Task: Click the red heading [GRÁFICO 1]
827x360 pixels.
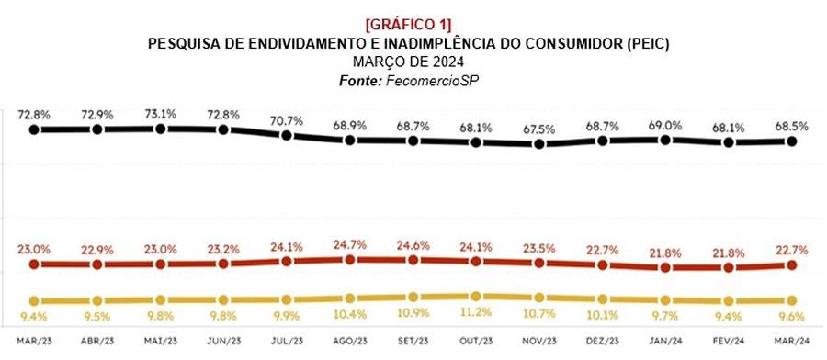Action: click(413, 24)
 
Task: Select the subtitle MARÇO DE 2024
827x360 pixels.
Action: click(413, 62)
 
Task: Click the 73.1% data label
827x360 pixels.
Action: click(161, 114)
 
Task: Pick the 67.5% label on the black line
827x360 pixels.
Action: click(539, 129)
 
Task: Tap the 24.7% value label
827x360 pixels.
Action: click(350, 244)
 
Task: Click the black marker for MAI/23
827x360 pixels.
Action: click(161, 129)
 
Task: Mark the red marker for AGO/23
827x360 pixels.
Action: click(350, 260)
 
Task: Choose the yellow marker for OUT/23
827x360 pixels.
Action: click(476, 297)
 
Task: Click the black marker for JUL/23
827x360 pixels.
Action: click(287, 135)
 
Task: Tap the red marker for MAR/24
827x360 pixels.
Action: click(791, 264)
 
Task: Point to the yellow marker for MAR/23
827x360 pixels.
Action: click(34, 301)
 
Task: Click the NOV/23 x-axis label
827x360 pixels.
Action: click(539, 342)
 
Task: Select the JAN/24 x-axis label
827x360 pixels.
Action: click(665, 342)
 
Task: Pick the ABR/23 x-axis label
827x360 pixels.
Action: click(97, 342)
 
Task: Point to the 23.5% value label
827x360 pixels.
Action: click(539, 247)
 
